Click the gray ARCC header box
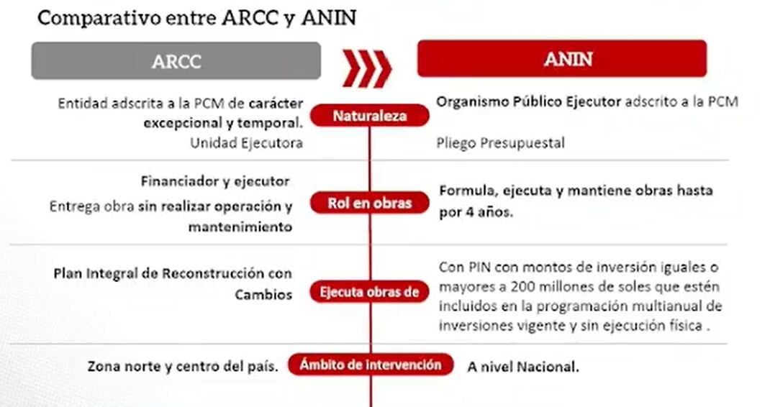coord(176,61)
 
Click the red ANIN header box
coord(561,59)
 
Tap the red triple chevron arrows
coord(367,68)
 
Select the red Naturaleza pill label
coord(370,116)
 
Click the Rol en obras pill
coord(370,203)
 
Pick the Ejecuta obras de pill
coord(370,292)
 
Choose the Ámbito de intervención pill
coord(370,365)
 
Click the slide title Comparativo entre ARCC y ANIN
coord(196,17)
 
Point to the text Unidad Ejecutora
coord(246,143)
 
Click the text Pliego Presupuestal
coord(500,143)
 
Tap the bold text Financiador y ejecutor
coord(215,181)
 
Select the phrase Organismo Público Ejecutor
coord(528,102)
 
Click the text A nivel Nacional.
coord(522,367)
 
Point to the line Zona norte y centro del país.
coord(183,366)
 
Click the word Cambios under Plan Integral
coord(263,295)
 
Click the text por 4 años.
coord(476,213)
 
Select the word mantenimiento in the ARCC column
coord(240,227)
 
